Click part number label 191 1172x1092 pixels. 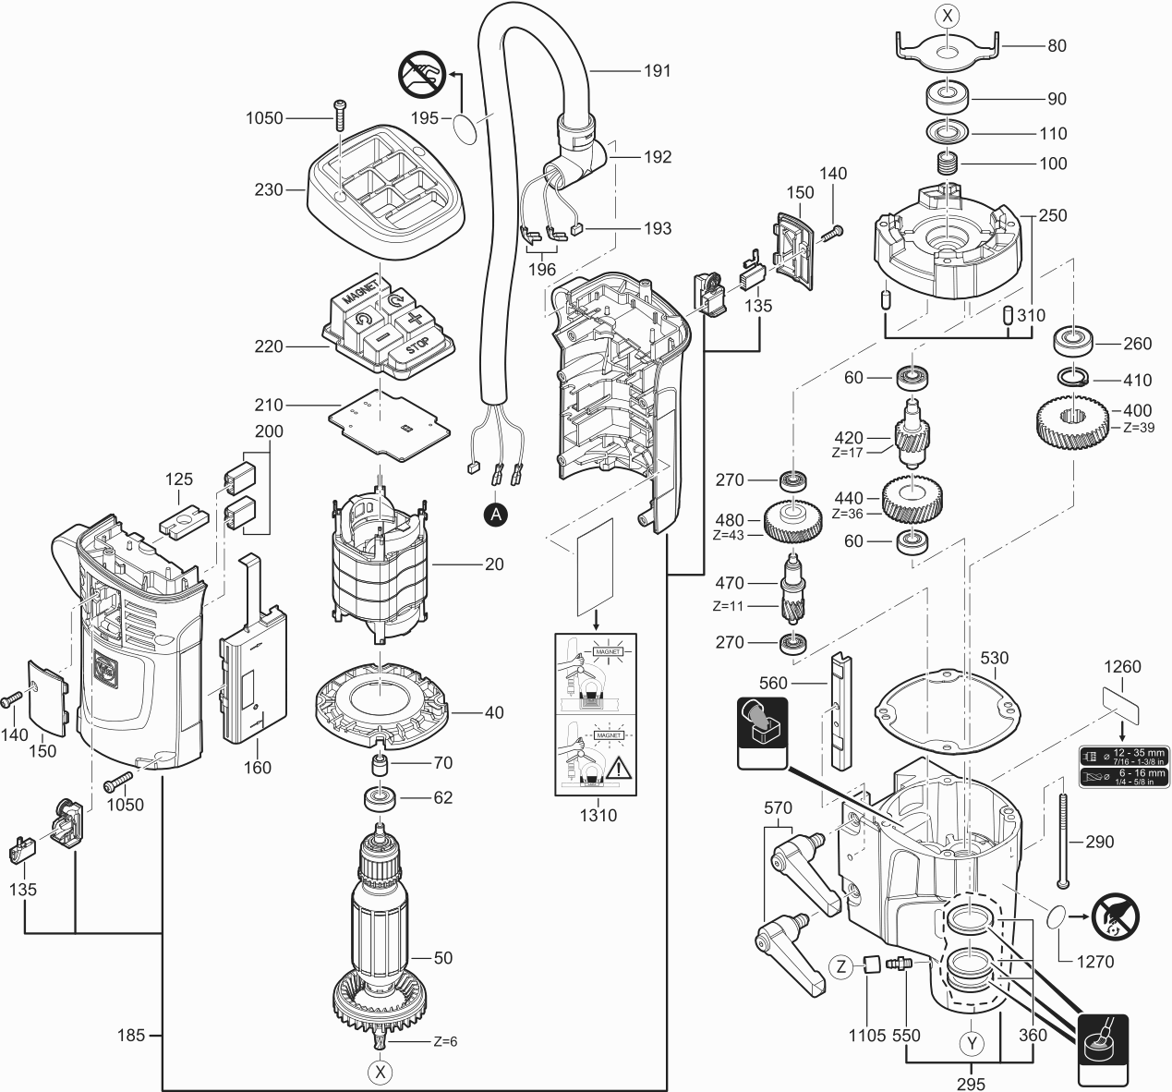click(x=658, y=70)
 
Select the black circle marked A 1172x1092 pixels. click(x=496, y=516)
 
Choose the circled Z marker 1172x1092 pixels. click(x=840, y=967)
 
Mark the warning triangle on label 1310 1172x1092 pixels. click(x=616, y=766)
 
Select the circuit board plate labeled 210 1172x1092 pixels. click(x=388, y=420)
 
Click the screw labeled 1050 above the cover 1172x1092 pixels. click(x=341, y=113)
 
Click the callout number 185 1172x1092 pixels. click(x=131, y=1035)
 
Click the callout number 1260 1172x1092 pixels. click(x=1122, y=666)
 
